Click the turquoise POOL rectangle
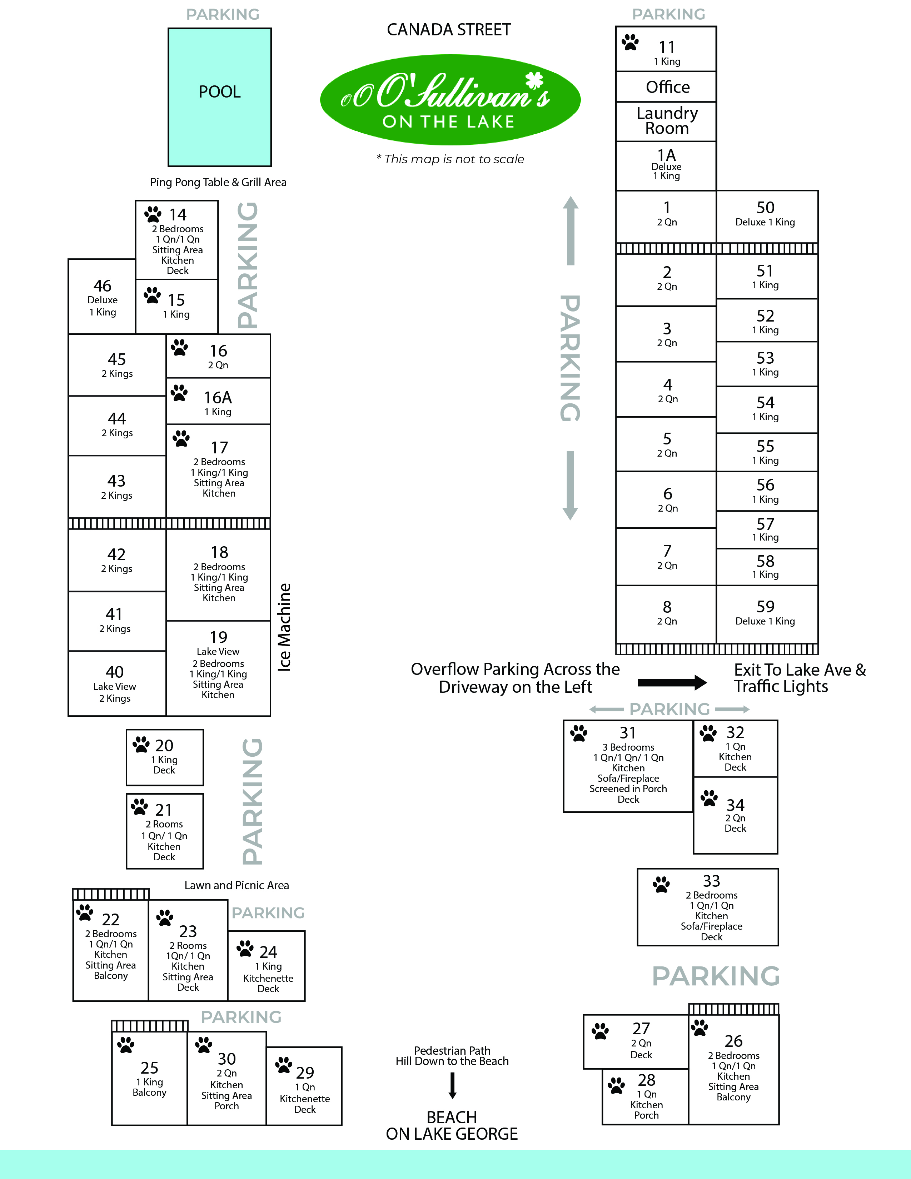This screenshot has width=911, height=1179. coord(220,97)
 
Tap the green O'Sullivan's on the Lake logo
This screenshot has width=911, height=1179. coord(450,100)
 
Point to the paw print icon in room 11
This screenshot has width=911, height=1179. coord(630,42)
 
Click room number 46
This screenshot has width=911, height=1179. coord(103,285)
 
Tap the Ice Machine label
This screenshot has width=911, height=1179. coord(284,627)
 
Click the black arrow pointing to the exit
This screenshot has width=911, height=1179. coord(672,682)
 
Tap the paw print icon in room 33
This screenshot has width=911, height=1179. coord(661,884)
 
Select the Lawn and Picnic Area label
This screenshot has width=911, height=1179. coord(237,885)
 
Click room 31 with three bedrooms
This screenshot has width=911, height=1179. coord(628,766)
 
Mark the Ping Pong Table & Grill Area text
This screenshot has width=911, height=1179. coord(218,183)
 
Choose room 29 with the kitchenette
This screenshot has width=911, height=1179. coord(304,1086)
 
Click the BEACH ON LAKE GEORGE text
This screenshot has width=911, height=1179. coord(452,1125)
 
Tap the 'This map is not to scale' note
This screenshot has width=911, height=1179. coord(450,159)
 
